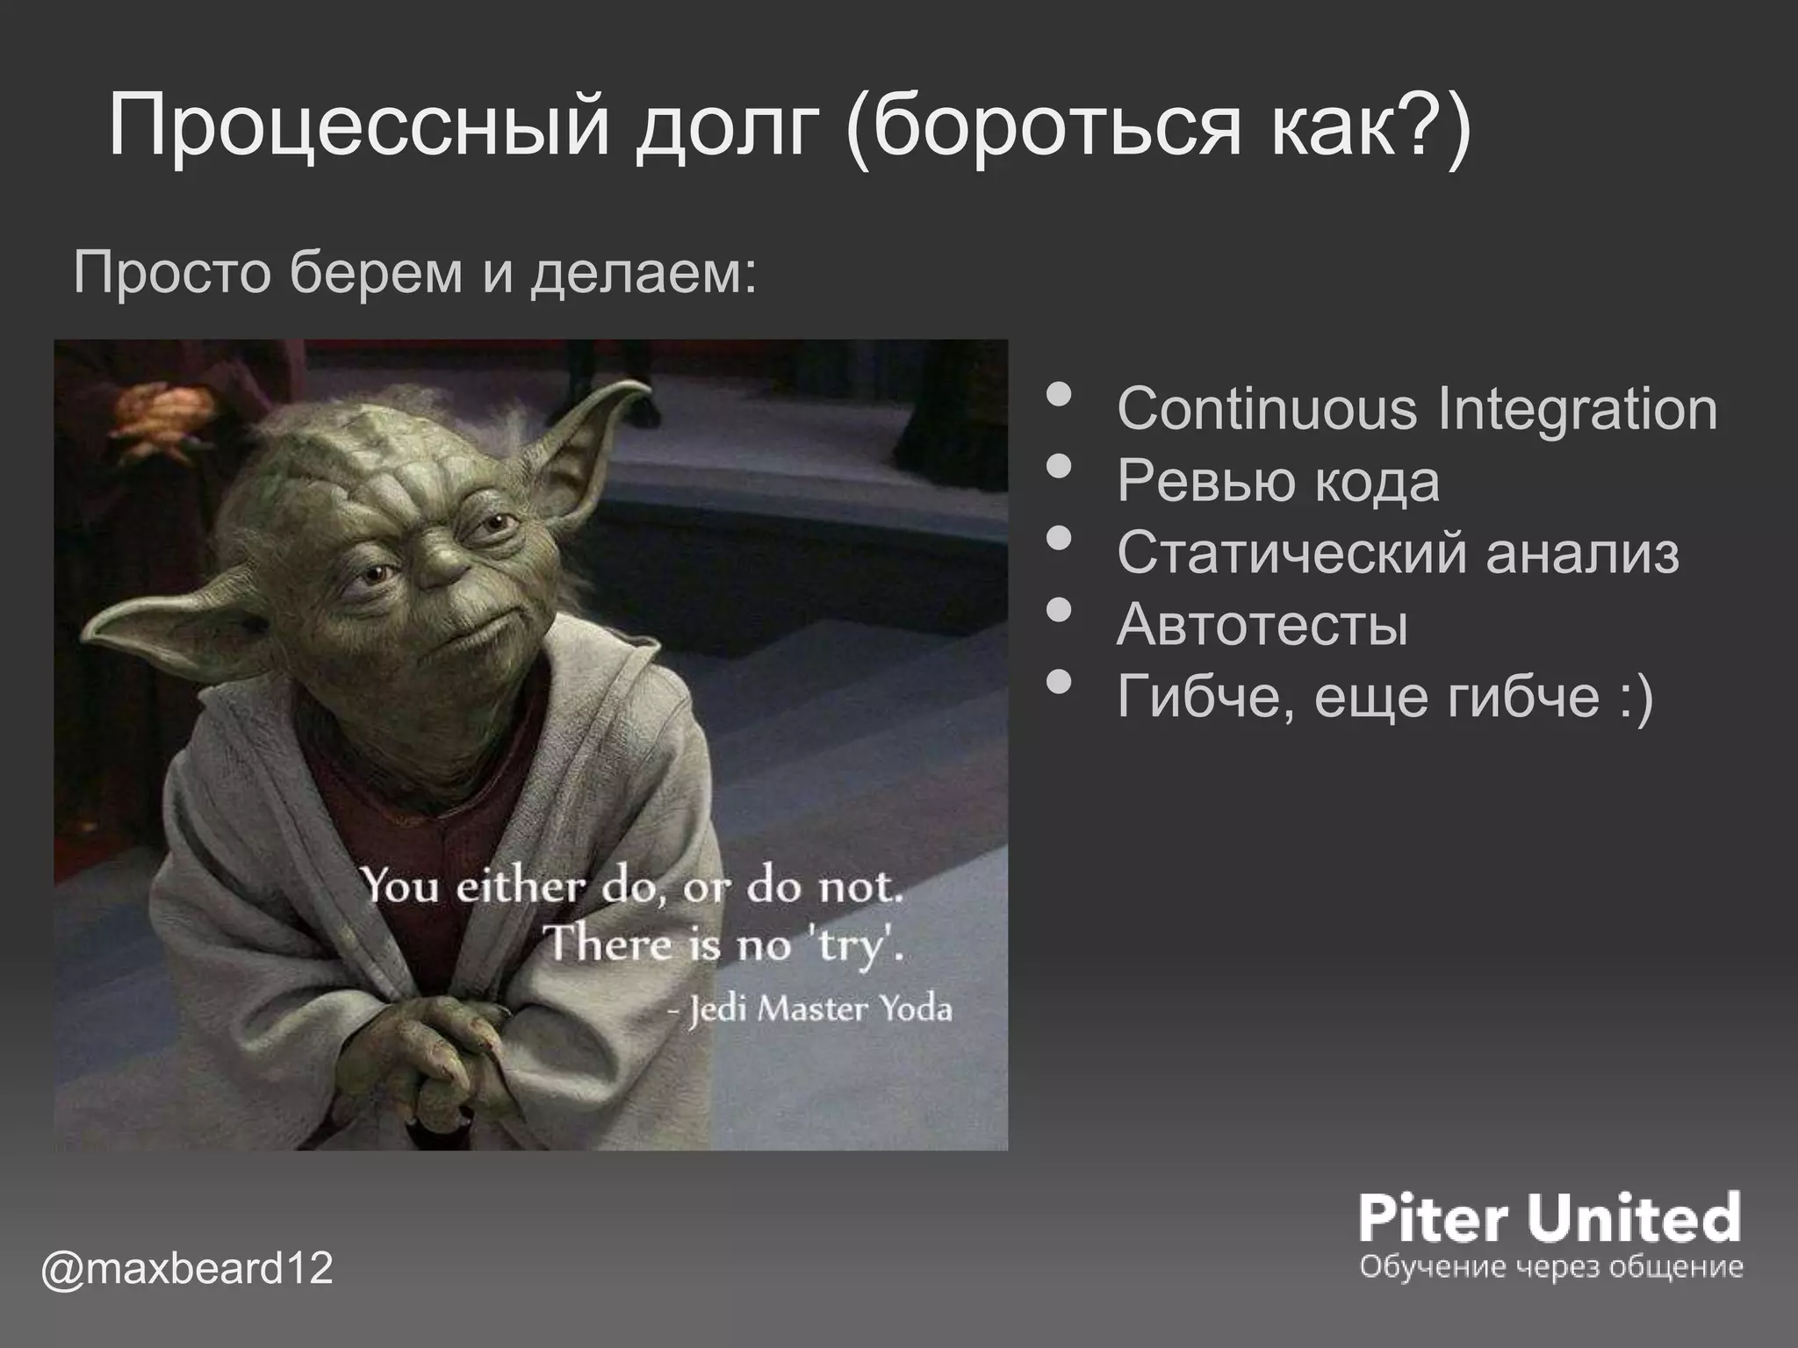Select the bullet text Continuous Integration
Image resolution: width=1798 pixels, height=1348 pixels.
pos(1416,409)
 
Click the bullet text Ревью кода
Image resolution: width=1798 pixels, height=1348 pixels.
pos(1277,481)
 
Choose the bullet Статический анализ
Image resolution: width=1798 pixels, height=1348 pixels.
pos(1398,553)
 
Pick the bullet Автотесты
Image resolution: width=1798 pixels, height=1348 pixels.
pos(1262,625)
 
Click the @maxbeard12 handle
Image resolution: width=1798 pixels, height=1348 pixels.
pos(187,1270)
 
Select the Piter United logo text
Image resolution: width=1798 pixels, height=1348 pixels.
pos(1550,1217)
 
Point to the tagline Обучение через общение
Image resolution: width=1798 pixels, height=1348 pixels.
pos(1550,1267)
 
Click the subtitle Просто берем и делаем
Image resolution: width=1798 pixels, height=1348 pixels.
pos(414,273)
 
